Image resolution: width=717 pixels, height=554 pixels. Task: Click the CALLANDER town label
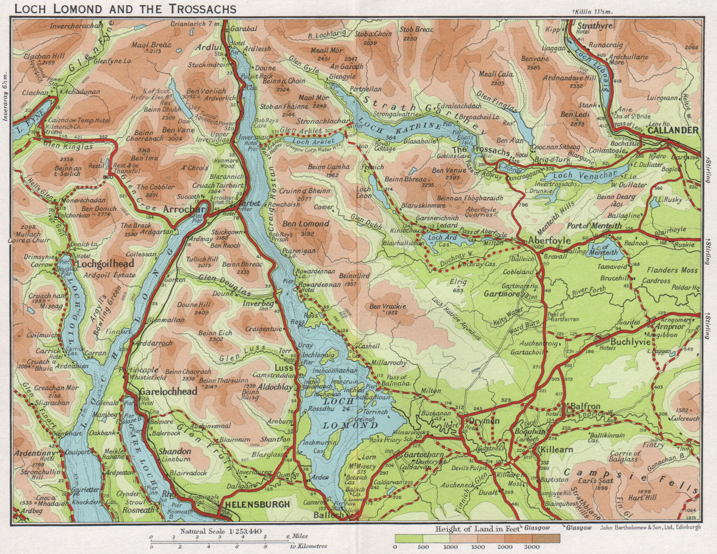673,130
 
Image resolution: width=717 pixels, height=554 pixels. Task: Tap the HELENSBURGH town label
257,504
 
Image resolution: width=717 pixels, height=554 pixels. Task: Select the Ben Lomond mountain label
306,223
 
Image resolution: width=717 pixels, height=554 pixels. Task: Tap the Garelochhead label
168,392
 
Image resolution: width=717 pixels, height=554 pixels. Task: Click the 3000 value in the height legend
533,547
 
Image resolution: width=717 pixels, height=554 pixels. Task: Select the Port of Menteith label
594,226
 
